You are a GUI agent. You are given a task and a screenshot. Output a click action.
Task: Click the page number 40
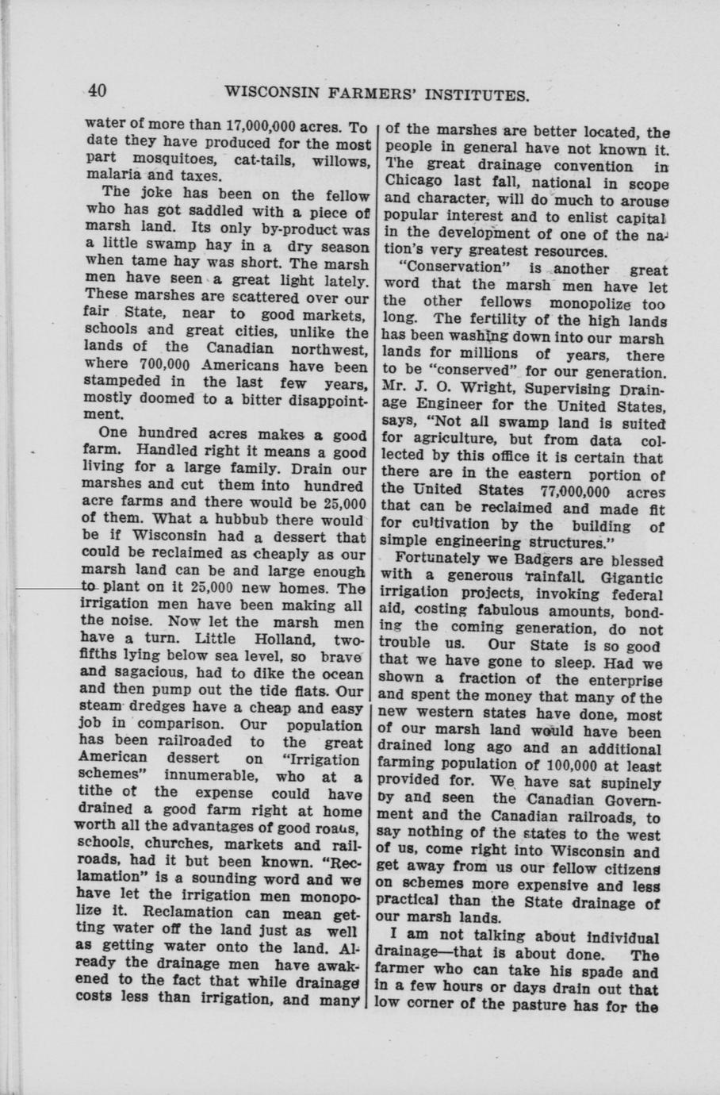[x=98, y=90]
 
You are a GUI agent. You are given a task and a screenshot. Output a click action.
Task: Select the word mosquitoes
[x=160, y=161]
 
